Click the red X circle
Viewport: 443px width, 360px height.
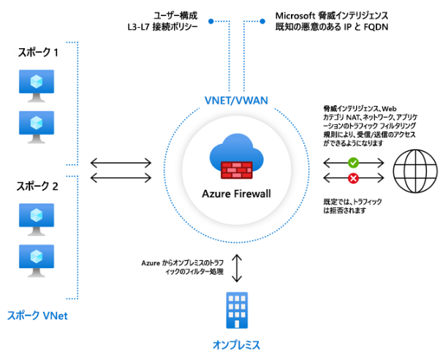[x=354, y=177]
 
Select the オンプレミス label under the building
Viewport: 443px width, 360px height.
[x=235, y=343]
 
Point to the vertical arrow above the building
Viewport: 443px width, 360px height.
[x=235, y=267]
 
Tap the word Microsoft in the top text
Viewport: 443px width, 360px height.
[x=296, y=15]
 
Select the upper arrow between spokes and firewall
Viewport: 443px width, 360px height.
[x=121, y=162]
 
